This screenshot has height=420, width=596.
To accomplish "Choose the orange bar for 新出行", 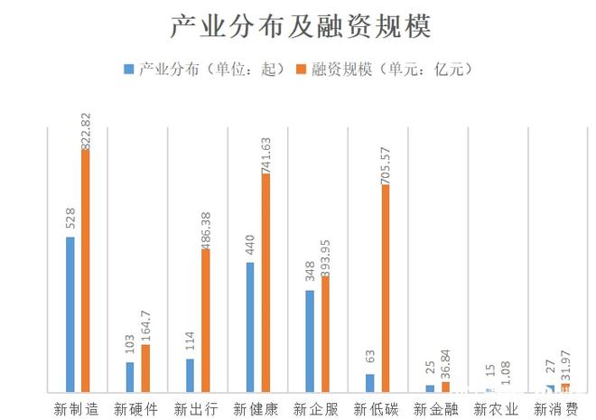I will click(x=205, y=320).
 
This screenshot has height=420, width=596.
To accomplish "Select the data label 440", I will click(x=250, y=242).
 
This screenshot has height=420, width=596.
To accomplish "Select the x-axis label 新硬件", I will click(x=137, y=408).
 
